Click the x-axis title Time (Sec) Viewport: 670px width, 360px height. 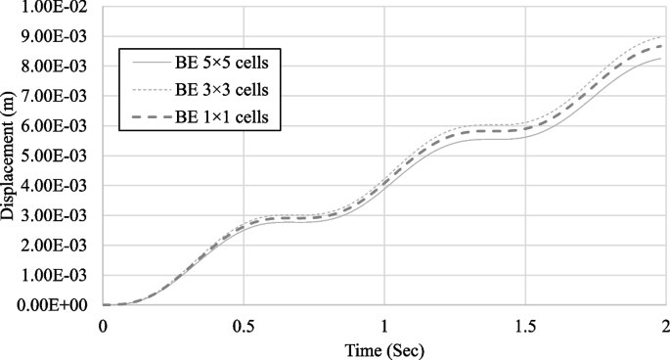pyautogui.click(x=384, y=347)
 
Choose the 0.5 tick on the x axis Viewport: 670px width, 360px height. pyautogui.click(x=244, y=324)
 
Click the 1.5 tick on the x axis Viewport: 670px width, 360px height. pyautogui.click(x=525, y=324)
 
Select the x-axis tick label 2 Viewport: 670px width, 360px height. pyautogui.click(x=666, y=324)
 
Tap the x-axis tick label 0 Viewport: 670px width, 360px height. pyautogui.click(x=103, y=324)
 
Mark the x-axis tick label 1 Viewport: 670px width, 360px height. pyautogui.click(x=384, y=324)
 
